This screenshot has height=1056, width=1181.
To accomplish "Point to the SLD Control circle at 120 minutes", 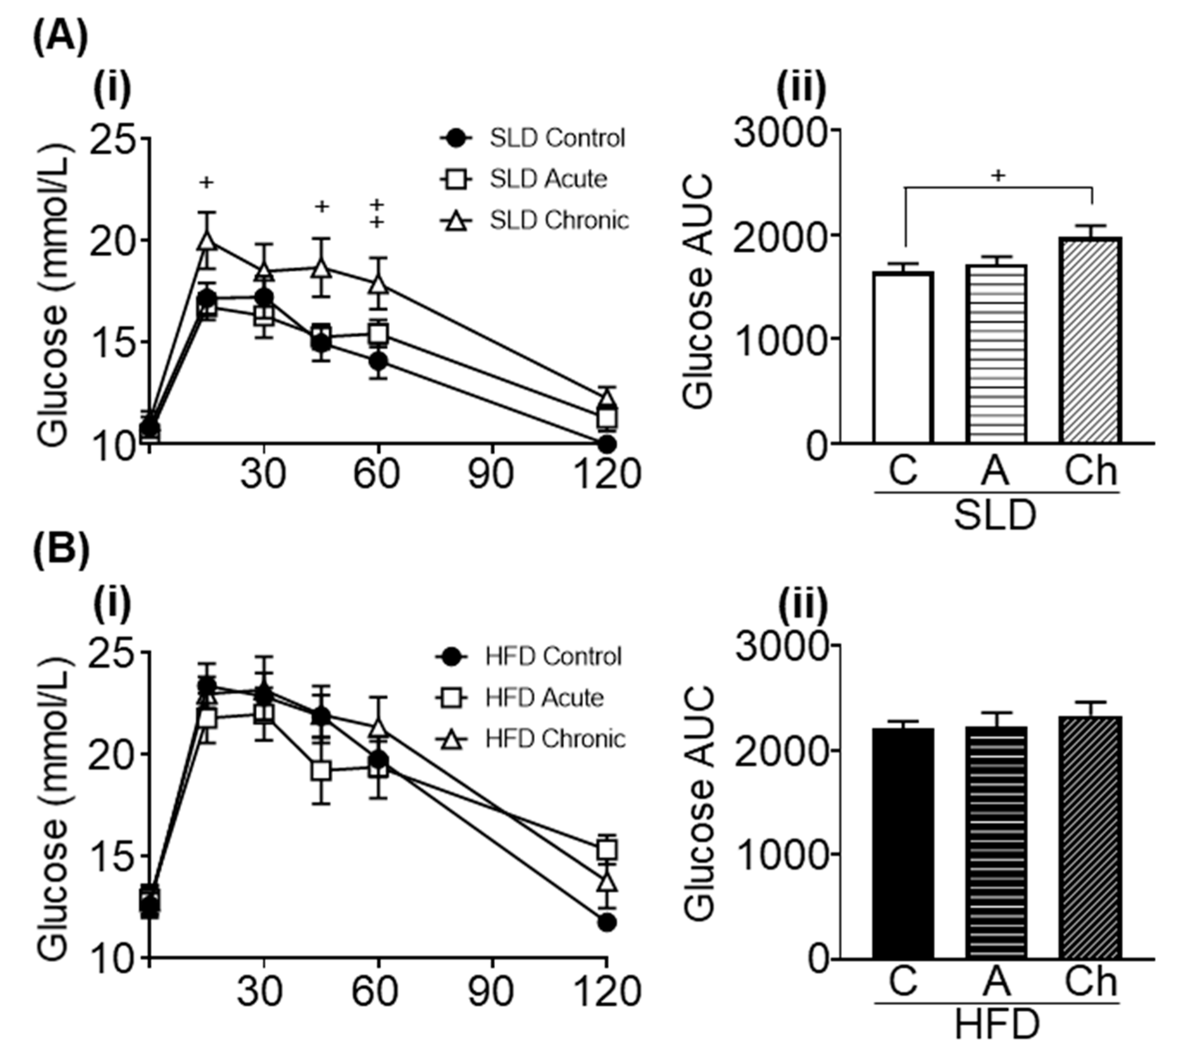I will [x=607, y=445].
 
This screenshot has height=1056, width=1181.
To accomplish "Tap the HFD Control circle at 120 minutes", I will [x=607, y=922].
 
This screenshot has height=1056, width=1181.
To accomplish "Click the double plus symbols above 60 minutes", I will [x=377, y=213].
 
